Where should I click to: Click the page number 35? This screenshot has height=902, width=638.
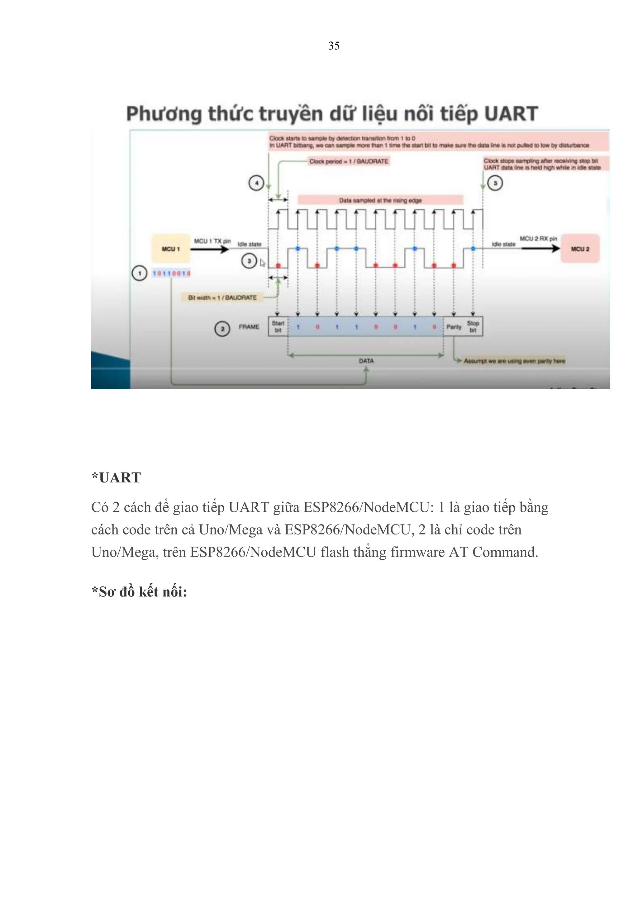point(334,46)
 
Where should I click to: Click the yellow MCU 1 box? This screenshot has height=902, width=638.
point(170,249)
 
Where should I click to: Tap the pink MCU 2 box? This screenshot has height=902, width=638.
point(580,249)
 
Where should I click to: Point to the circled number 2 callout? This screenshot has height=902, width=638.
point(222,329)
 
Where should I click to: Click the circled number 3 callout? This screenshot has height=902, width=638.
point(249,261)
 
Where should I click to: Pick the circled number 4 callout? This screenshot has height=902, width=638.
point(256,183)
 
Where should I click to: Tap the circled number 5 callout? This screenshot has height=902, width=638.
point(495,183)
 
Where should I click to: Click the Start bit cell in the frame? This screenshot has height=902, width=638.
point(278,326)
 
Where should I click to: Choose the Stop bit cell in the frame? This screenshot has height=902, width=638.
point(473,326)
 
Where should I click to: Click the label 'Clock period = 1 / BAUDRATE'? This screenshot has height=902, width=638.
point(349,161)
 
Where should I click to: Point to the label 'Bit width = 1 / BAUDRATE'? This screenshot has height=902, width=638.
point(222,297)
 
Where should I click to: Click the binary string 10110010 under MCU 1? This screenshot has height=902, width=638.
point(171,273)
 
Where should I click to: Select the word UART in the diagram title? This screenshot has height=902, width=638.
point(511,114)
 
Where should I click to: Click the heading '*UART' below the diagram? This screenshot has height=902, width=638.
point(116,478)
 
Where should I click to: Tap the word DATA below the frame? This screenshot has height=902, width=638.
point(366,361)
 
